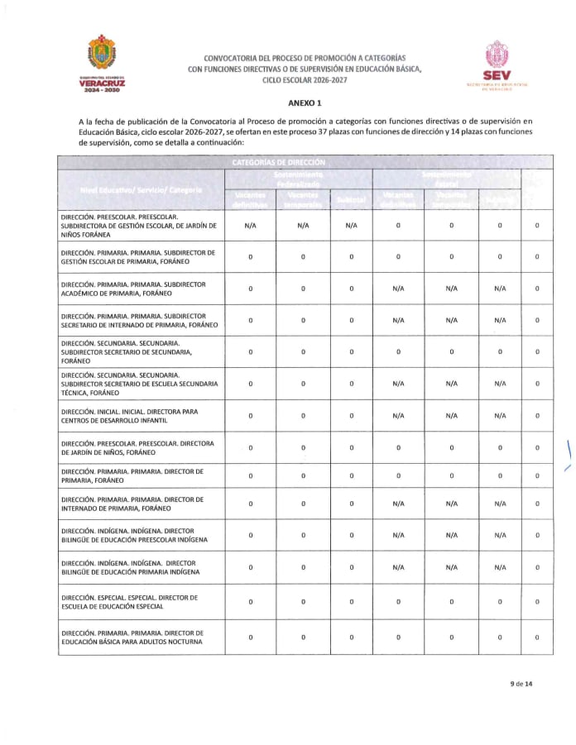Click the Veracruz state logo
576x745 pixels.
click(103, 62)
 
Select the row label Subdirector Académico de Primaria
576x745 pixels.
click(137, 288)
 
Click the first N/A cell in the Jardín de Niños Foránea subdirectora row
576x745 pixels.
click(250, 225)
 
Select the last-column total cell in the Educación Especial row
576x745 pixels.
click(537, 601)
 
